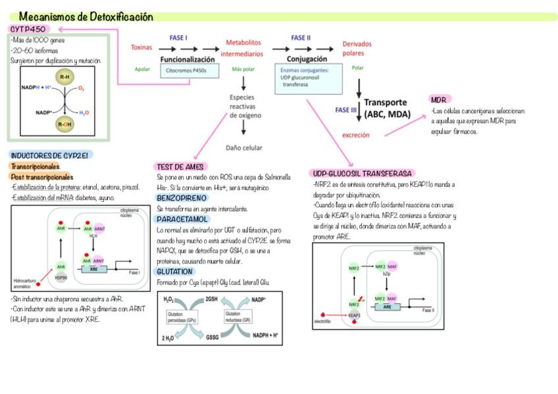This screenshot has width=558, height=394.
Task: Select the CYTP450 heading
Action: (32, 29)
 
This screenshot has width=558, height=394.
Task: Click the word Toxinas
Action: (141, 47)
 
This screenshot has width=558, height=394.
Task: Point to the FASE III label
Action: (345, 110)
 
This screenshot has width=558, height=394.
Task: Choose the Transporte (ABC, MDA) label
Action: (387, 109)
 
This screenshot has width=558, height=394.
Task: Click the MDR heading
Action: (439, 99)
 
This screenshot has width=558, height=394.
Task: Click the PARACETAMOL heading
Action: (182, 219)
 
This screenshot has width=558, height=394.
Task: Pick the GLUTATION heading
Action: (174, 271)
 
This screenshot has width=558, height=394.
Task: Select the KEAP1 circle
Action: (354, 315)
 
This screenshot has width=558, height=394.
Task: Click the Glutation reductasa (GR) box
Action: (236, 317)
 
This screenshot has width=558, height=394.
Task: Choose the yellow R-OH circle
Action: (64, 124)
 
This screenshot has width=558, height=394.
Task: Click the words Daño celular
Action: (243, 148)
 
